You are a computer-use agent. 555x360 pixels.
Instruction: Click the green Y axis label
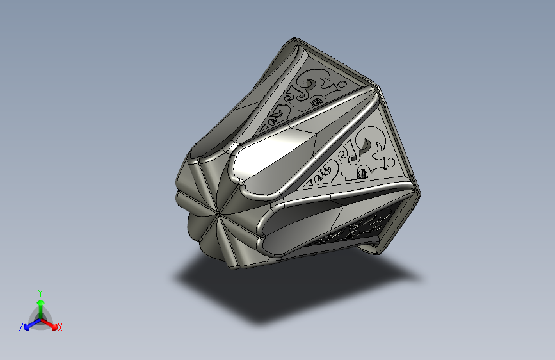click(40, 293)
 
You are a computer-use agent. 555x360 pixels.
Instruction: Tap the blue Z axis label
click(21, 327)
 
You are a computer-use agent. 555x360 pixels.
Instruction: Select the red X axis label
click(60, 327)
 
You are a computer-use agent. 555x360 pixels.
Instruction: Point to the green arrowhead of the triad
click(41, 303)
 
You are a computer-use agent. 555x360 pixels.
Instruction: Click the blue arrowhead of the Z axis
click(26, 327)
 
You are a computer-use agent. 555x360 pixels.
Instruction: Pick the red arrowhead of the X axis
click(54, 327)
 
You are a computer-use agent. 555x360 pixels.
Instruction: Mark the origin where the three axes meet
click(41, 320)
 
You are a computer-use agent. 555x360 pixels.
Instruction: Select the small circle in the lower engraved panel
click(390, 162)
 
